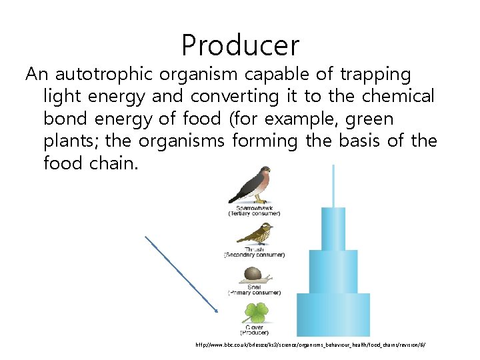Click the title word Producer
[x=240, y=45]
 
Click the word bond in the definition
[x=63, y=119]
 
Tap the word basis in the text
[x=365, y=141]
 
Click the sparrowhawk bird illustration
[x=251, y=185]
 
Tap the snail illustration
[x=253, y=274]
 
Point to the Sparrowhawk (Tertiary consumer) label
[x=253, y=211]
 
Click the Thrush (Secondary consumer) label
[x=253, y=252]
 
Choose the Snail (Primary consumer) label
[x=253, y=290]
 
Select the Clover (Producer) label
[x=253, y=330]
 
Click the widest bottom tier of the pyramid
[x=333, y=315]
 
